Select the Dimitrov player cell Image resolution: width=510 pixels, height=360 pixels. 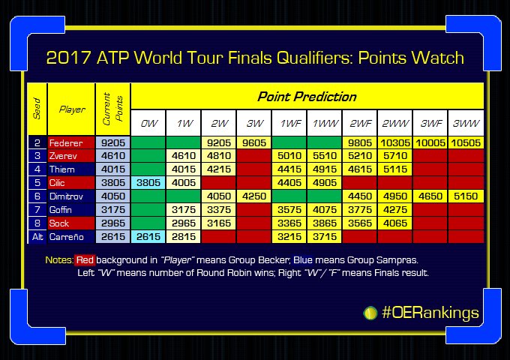(70, 195)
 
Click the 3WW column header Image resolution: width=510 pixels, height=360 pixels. (465, 123)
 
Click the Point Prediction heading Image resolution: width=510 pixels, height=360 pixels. (307, 97)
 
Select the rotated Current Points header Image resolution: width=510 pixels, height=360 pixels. (112, 109)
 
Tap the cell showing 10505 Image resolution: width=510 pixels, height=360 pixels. (465, 142)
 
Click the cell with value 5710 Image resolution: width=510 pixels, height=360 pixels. (394, 156)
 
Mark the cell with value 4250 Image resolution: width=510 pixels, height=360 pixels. (254, 195)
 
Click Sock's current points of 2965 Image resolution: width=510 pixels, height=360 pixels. (112, 223)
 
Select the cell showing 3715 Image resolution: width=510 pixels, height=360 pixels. (324, 237)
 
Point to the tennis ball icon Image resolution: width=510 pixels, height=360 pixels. (370, 312)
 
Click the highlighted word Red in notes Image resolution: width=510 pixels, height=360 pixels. (85, 260)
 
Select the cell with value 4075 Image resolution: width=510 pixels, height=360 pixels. (324, 209)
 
